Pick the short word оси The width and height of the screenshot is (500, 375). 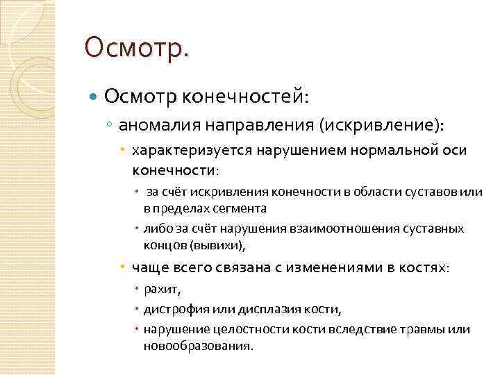pos(456,150)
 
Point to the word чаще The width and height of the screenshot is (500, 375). pos(147,267)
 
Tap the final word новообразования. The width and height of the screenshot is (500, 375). pos(199,345)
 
